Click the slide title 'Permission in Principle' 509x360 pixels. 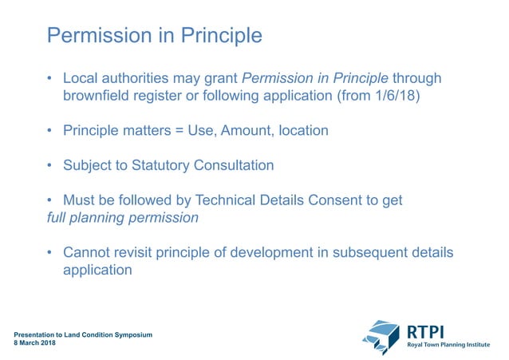[154, 36]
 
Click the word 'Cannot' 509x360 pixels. [86, 252]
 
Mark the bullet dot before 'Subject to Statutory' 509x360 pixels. [49, 166]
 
